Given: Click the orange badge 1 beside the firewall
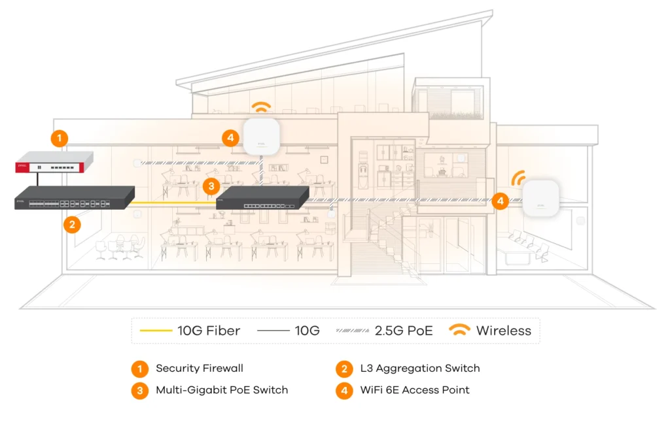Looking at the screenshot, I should [60, 138].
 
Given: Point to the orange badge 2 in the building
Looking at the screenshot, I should [72, 225].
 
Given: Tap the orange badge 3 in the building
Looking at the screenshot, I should [209, 186].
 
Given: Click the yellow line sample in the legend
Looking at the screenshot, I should [156, 331].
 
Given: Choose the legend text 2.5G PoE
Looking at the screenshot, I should [404, 331].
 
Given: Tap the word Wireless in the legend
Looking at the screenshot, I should [504, 331].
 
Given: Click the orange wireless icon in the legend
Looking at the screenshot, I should [460, 331].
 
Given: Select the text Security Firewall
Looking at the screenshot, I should [200, 369].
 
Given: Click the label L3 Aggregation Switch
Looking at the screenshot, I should [420, 369].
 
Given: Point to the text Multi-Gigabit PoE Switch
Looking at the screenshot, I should [222, 390].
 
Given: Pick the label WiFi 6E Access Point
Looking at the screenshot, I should [415, 390].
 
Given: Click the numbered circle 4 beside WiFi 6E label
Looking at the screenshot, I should [344, 390].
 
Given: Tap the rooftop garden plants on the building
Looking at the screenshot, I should [455, 114].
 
